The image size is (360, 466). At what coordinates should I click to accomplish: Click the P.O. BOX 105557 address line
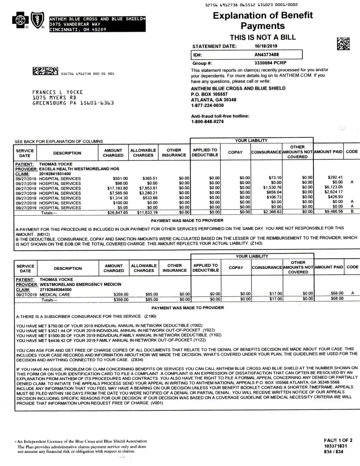pyautogui.click(x=211, y=94)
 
